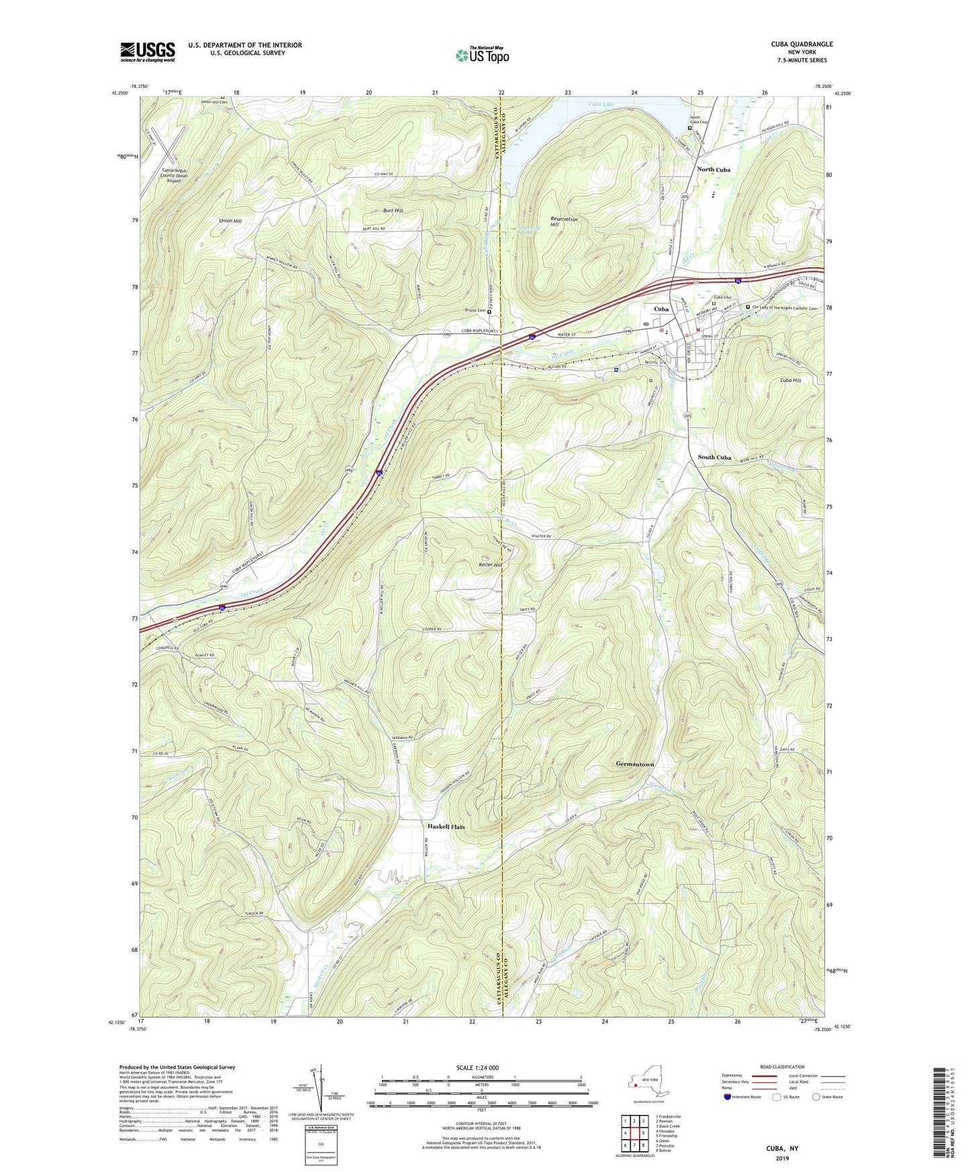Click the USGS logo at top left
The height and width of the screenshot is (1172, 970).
[148, 52]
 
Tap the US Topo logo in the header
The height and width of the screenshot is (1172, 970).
[482, 55]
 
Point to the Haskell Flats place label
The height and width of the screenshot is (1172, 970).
[446, 827]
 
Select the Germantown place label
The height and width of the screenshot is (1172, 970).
[634, 765]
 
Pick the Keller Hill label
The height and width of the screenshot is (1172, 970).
[489, 565]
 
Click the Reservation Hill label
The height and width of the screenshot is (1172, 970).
[564, 222]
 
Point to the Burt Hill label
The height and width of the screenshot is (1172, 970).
[393, 211]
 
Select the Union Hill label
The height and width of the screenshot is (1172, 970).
[230, 221]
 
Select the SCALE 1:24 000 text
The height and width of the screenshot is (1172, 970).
[481, 1068]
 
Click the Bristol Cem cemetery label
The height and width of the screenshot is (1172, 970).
[475, 311]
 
